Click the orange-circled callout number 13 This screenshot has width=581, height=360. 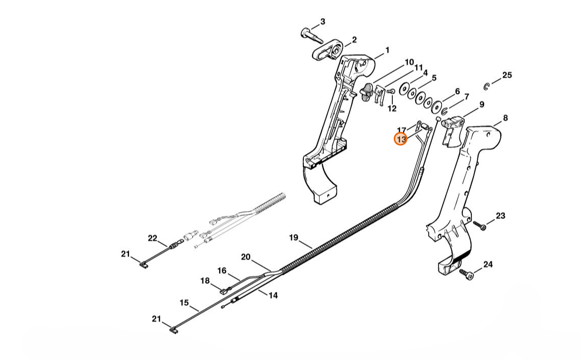coord(401,139)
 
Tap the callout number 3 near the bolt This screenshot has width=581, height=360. coord(323,22)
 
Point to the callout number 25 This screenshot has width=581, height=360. coord(507,75)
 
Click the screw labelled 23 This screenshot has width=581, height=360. coord(479,225)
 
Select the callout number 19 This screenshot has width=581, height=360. coord(293,237)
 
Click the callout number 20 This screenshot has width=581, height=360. coord(246,257)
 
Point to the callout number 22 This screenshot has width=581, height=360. coord(153,238)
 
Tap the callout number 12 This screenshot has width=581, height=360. coord(392,109)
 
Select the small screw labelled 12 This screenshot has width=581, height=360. coord(391,91)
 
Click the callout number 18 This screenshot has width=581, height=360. coord(204,281)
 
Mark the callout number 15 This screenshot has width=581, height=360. coord(184,303)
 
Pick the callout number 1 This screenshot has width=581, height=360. coord(387,50)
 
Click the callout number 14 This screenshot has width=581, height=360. coord(273,295)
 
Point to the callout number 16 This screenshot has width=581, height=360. coord(222,271)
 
